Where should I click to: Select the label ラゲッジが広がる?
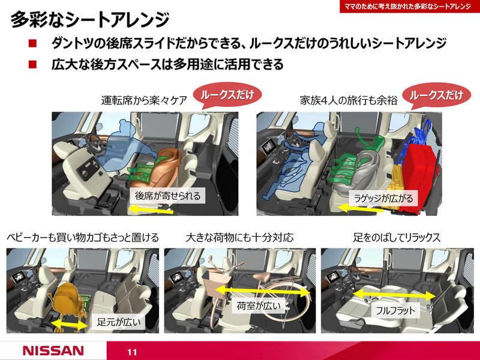pyautogui.click(x=383, y=198)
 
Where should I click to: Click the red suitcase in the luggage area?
pyautogui.click(x=423, y=165)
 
